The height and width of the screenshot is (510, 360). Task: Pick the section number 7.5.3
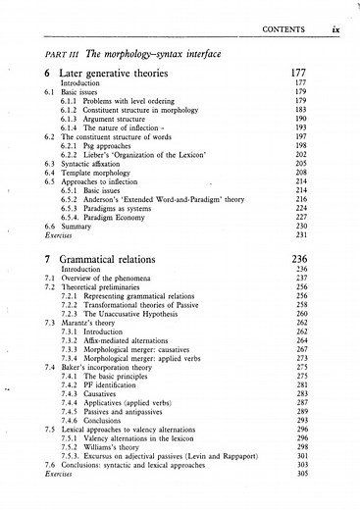point(71,451)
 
